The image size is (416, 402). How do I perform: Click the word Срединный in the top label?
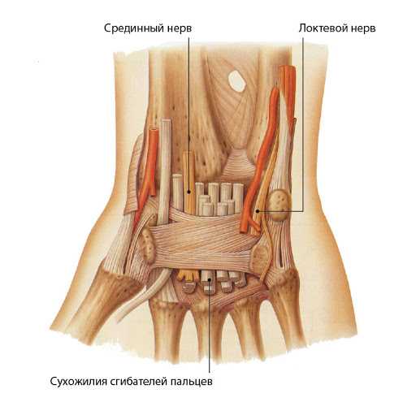point(133,28)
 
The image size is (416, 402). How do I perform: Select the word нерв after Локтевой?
point(363,28)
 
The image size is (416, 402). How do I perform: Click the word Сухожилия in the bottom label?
point(78,382)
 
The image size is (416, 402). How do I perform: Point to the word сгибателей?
point(139,382)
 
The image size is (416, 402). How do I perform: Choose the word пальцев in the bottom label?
point(192,383)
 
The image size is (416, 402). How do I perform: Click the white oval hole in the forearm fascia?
point(236,80)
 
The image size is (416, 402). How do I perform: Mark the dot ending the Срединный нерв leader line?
point(189,192)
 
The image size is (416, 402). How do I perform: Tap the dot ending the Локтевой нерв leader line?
point(258,210)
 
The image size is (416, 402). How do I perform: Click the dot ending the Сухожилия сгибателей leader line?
point(210,279)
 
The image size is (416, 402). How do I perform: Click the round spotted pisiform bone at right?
point(279,205)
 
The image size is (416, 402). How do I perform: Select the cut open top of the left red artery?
point(154,131)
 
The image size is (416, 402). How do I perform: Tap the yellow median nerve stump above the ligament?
point(188,181)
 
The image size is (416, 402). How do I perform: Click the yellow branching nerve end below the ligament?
point(186,274)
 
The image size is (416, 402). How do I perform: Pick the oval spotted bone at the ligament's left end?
point(148,244)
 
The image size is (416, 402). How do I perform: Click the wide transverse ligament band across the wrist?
point(203,241)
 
